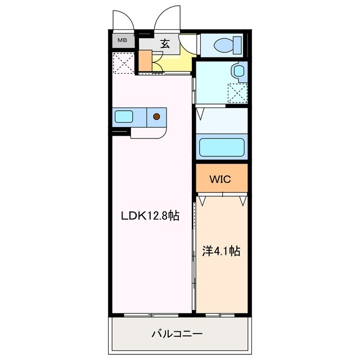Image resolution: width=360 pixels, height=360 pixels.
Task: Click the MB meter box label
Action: pos(122,41)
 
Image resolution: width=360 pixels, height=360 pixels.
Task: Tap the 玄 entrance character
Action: pos(165,42)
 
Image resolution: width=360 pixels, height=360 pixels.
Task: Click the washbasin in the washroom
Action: pos(239,71)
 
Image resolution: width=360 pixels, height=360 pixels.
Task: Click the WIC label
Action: pos(221,179)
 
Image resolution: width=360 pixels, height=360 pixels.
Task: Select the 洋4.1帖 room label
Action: pos(221,251)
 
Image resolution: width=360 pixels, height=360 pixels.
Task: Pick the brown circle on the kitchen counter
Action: pos(157,117)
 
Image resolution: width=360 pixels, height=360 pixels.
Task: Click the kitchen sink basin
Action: pos(124,117)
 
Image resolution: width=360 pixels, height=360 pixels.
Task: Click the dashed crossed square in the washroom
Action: pos(237,92)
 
